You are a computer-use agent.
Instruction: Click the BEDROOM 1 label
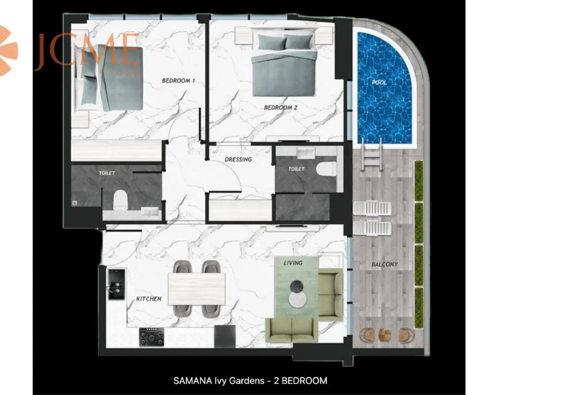[x=178, y=81]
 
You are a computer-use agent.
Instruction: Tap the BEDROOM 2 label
[x=281, y=107]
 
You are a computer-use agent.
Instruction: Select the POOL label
[x=379, y=83]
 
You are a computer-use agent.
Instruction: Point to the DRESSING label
[x=238, y=160]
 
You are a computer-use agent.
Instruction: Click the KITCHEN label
[x=149, y=299]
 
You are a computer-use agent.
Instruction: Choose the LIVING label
[x=293, y=263]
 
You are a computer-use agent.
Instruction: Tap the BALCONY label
[x=385, y=264]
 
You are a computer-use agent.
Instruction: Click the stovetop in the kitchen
[x=151, y=337]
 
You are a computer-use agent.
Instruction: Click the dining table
[x=196, y=289]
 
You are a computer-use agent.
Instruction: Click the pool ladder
[x=372, y=155]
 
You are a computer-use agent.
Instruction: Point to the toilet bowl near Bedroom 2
[x=326, y=169]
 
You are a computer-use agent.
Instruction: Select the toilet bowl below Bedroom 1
[x=121, y=200]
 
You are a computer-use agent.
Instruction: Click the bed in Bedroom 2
[x=284, y=62]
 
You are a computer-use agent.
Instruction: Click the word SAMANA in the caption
[x=193, y=381]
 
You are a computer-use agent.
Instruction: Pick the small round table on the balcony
[x=385, y=335]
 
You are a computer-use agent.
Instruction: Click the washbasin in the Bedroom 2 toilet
[x=306, y=152]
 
